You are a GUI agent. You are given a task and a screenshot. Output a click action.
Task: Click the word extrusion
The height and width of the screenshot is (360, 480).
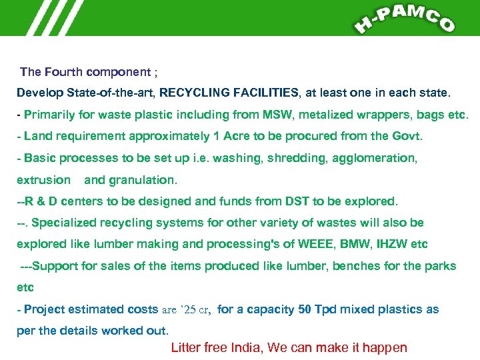click(x=43, y=179)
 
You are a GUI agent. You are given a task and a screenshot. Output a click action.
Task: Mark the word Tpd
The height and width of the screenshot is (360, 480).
click(x=325, y=309)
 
